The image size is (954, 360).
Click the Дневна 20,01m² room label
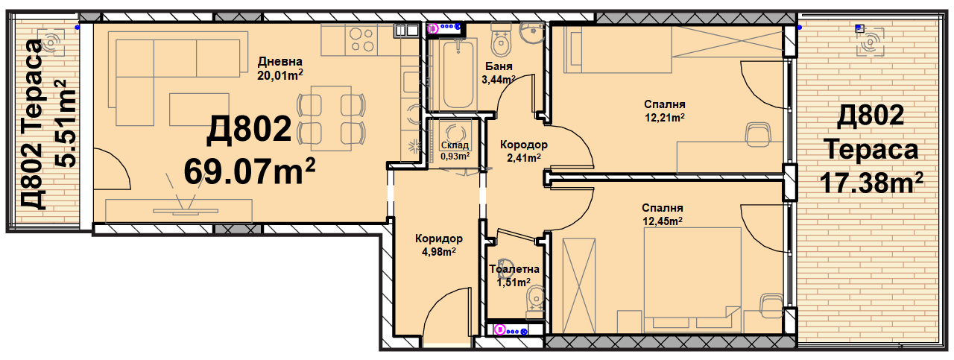click(x=280, y=68)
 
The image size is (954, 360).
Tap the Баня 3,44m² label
click(x=499, y=73)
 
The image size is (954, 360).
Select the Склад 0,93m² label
click(x=455, y=151)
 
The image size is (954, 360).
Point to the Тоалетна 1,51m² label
click(x=514, y=275)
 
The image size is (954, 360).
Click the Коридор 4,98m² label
click(x=439, y=245)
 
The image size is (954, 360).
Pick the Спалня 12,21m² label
click(x=664, y=111)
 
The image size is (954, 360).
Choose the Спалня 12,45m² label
click(x=663, y=215)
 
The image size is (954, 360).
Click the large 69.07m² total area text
click(x=250, y=171)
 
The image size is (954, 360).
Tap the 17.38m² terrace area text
click(x=871, y=183)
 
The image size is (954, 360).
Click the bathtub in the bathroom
click(x=458, y=74)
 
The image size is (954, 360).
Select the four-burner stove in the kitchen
click(x=361, y=40)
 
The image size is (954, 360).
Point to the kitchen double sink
click(x=406, y=31)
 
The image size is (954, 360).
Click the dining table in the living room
click(x=331, y=119)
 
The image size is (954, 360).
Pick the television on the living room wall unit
click(x=186, y=210)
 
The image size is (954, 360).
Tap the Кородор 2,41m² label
click(x=524, y=151)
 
